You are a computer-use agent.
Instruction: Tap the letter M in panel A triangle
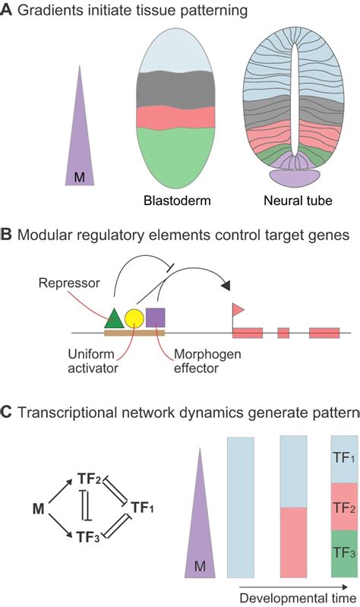click(79, 177)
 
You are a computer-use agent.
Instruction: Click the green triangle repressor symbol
click(113, 318)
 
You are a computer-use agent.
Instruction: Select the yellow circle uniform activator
click(134, 318)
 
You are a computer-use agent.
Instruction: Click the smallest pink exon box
click(283, 333)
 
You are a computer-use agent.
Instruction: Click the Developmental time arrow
click(296, 586)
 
